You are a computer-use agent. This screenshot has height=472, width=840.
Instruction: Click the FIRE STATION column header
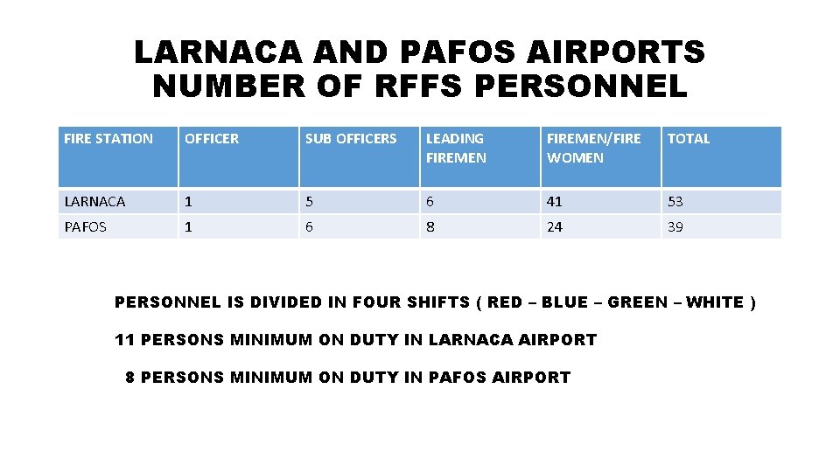point(108,138)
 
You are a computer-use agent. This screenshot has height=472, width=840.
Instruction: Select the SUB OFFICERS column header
point(350,138)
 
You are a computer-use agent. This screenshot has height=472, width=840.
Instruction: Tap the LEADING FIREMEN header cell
point(455,148)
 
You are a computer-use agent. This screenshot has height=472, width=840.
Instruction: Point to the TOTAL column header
point(689,138)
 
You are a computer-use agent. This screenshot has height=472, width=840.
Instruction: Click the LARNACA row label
point(94,201)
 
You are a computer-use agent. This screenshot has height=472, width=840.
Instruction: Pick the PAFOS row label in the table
point(86,227)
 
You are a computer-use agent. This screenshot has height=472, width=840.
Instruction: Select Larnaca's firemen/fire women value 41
point(555,201)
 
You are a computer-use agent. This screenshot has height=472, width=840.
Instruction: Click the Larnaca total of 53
point(675,201)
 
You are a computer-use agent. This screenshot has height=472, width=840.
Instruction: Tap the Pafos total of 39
point(675,227)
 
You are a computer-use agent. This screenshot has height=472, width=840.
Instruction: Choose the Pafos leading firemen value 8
point(430,227)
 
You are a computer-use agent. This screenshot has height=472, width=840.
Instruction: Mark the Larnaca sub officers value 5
point(309,201)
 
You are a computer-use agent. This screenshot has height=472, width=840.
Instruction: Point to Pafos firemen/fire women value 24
point(555,227)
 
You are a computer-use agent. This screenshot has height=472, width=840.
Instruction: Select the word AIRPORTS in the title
point(613,52)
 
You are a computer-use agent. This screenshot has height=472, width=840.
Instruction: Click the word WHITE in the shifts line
point(714,302)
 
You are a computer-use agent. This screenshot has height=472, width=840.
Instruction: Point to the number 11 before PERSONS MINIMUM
point(125,339)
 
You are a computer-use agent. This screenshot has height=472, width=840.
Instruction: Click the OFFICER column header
point(212,138)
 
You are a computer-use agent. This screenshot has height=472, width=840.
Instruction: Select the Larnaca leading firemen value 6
point(430,201)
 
